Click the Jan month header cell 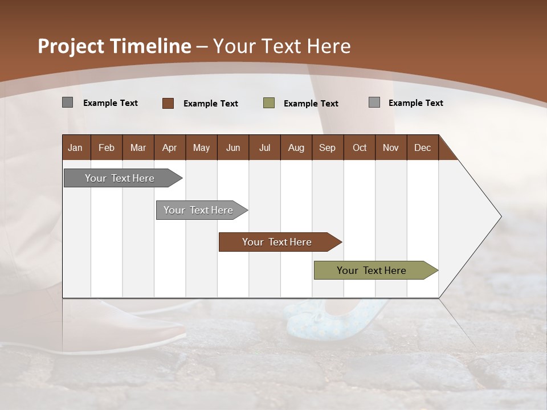pos(75,147)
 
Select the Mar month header pos(138,147)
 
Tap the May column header pos(201,147)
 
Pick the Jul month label pos(264,147)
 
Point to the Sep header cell pos(327,147)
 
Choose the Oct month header pos(360,147)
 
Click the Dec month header pos(422,147)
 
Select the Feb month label pos(107,147)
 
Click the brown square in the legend pos(168,103)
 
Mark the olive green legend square pos(269,103)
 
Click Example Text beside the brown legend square pos(211,104)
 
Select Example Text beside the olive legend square pos(311,104)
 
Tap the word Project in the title pos(71,46)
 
